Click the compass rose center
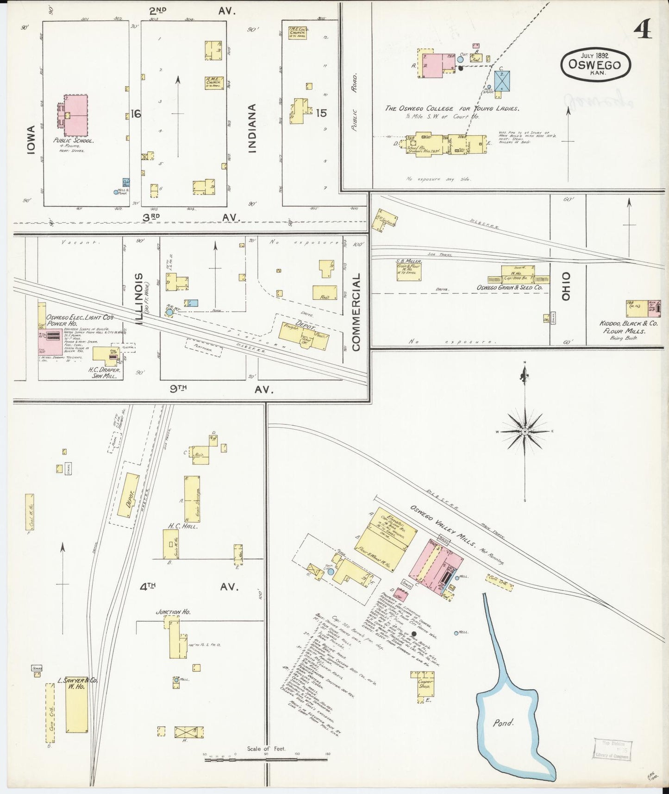[525, 431]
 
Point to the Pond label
[503, 722]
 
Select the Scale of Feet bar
[266, 756]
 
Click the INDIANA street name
[251, 128]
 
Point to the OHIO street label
[566, 287]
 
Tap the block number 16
[136, 113]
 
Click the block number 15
[321, 113]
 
